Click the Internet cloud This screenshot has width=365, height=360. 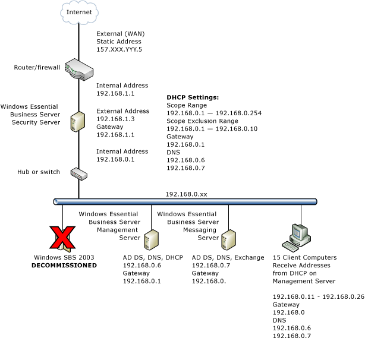coord(78,11)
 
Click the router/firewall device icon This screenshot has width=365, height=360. coord(79,68)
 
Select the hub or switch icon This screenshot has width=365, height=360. coord(78,173)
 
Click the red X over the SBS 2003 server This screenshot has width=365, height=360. coord(62,237)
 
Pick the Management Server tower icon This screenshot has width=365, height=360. coord(150,239)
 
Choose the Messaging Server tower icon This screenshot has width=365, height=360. coord(228,239)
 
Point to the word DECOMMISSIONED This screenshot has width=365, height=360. coord(64,266)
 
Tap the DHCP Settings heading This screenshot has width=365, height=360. coord(193,97)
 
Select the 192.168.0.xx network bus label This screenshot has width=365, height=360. coord(186,194)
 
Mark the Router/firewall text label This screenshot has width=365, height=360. coord(37,67)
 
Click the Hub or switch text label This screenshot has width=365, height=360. coord(39,172)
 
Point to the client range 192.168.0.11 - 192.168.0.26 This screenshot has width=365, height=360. coord(318,296)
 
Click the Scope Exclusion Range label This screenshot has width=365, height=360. coord(203,121)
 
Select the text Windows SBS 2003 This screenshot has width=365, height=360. coord(64,258)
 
